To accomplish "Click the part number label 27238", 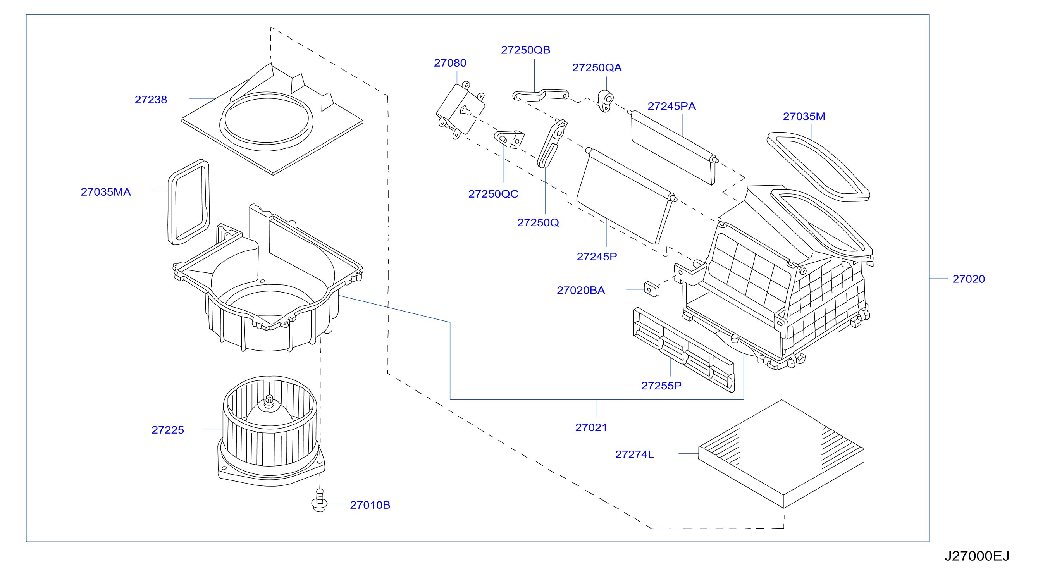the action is click(x=151, y=100).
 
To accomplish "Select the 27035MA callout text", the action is click(x=105, y=192).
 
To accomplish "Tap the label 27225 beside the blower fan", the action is click(x=167, y=430).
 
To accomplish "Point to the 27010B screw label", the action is click(x=370, y=505).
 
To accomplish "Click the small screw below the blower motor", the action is click(x=319, y=501).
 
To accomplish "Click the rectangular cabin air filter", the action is click(x=781, y=454).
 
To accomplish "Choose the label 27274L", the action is click(x=634, y=454).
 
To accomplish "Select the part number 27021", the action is click(x=591, y=427).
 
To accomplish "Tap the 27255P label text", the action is click(x=661, y=386).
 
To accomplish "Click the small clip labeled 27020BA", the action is click(x=651, y=289).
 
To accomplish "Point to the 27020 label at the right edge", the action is click(x=969, y=279).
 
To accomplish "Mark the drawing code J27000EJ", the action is click(x=977, y=556).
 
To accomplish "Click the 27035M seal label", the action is click(x=804, y=117).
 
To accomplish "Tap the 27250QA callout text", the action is click(x=597, y=68).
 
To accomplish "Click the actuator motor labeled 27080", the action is click(x=461, y=110).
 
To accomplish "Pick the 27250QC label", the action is click(x=493, y=194).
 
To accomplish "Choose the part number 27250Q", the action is click(x=538, y=223).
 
